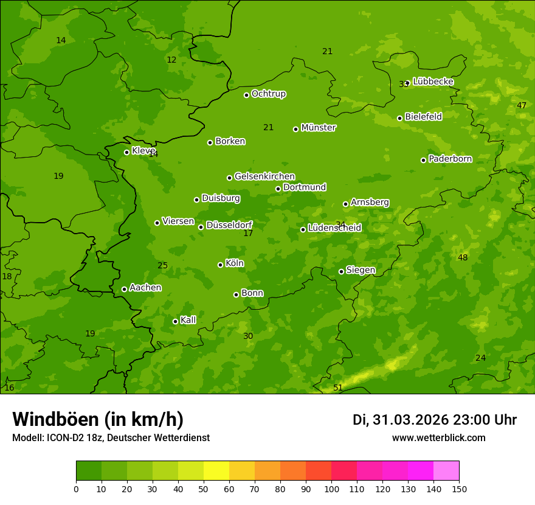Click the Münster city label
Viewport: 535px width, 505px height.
[319, 128]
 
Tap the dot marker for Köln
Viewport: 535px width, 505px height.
[220, 265]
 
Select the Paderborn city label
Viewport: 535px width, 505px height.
[450, 159]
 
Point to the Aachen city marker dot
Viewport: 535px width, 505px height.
[124, 289]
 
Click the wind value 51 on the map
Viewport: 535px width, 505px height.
[338, 388]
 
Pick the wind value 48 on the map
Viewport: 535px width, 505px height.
[463, 257]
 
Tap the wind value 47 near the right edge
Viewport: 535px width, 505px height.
[522, 105]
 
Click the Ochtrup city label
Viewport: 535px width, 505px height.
[268, 94]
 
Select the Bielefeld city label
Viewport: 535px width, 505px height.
[423, 116]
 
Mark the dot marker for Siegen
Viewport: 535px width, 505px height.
[341, 271]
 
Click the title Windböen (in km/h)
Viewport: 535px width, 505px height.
[98, 419]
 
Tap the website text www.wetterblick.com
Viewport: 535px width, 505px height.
[438, 437]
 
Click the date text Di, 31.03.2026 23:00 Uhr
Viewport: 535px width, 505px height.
[435, 420]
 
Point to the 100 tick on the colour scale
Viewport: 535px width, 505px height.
[331, 489]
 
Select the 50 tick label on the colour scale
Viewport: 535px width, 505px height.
[204, 489]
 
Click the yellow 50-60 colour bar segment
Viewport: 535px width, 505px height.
[216, 471]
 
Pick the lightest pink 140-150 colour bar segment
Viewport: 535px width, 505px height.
[446, 471]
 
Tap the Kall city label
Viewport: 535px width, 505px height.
[188, 320]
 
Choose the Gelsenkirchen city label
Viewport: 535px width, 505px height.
[264, 176]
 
